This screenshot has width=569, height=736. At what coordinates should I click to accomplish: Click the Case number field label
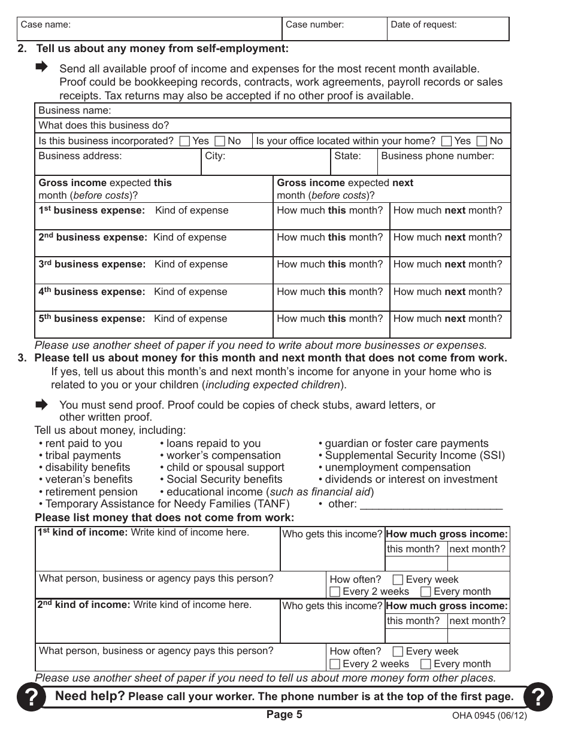tap(314, 25)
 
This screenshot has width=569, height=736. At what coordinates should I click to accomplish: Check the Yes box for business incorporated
tap(185, 141)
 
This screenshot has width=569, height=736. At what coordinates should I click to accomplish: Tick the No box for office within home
tap(482, 141)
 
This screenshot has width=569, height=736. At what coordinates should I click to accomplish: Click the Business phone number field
tap(444, 162)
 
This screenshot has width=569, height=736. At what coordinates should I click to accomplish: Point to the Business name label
tap(75, 111)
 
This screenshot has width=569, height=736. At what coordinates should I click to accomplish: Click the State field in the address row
tap(354, 162)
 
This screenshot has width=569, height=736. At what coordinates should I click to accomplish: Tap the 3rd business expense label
tap(92, 264)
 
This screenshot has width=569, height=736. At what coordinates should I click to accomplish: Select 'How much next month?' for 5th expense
tap(449, 324)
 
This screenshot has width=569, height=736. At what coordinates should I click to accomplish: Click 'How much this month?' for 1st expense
tap(331, 215)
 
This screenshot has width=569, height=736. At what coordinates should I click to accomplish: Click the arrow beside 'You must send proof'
tap(41, 405)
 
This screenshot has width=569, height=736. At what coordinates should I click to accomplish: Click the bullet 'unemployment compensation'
tap(398, 467)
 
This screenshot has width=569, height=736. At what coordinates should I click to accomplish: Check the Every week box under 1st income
tap(398, 580)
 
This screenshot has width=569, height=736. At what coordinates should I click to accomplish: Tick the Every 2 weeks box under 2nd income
tap(335, 664)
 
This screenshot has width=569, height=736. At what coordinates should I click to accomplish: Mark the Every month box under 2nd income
tap(425, 664)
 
